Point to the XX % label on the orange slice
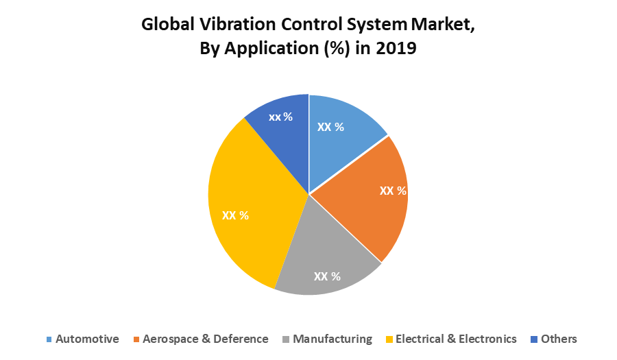coord(393,190)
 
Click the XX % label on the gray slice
coord(327,276)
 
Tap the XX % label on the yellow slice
coord(235,215)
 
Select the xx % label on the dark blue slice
coord(280,117)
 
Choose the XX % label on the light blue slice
coord(330,127)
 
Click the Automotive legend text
coord(87,339)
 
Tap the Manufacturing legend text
coord(332,339)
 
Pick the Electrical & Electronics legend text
coord(456,339)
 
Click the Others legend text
coord(559,339)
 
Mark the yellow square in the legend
coord(389,339)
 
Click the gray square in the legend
coord(286,339)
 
